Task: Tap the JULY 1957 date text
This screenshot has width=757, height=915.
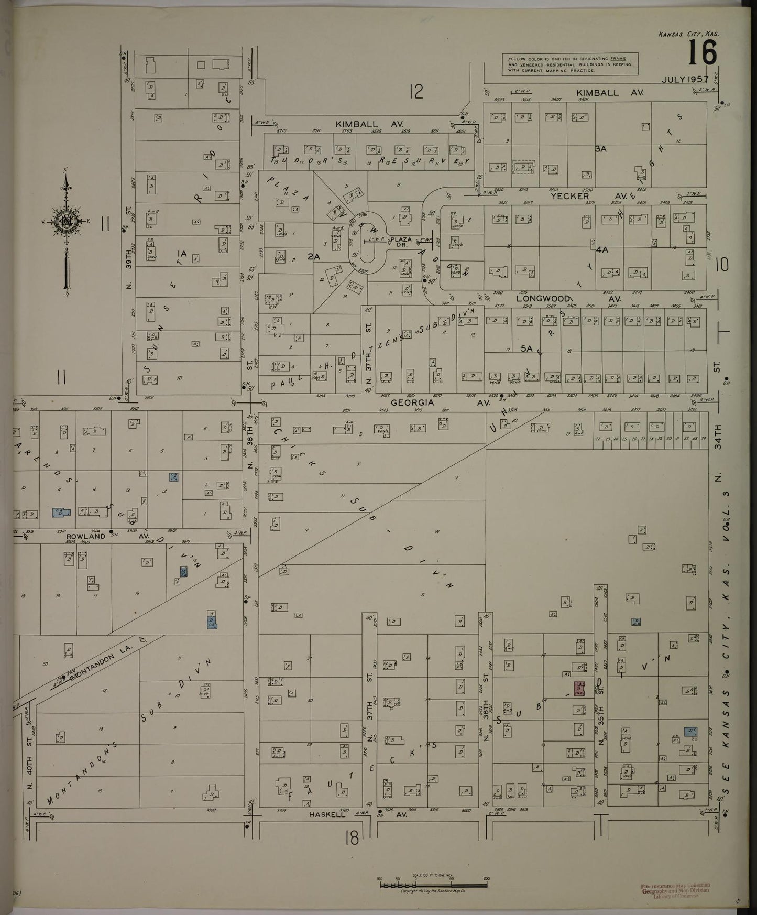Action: click(x=685, y=80)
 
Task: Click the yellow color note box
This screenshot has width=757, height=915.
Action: click(x=569, y=63)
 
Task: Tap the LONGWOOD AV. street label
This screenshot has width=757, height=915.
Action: click(x=569, y=299)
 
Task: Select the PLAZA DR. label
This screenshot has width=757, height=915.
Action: click(x=401, y=242)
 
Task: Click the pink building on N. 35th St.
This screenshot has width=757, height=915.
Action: click(x=579, y=688)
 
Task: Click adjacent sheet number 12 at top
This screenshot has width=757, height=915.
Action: click(x=416, y=92)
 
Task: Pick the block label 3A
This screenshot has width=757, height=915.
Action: click(x=600, y=149)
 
